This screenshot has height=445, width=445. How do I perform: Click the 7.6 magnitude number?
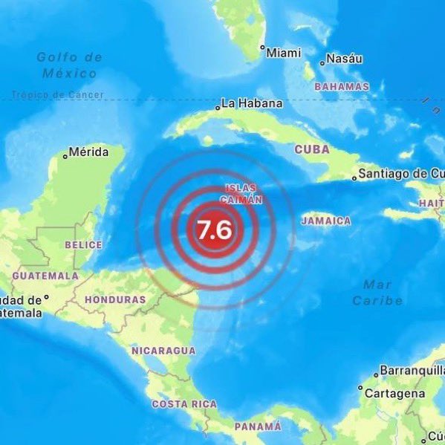click(x=214, y=230)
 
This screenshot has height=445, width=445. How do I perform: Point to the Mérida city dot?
click(x=65, y=155)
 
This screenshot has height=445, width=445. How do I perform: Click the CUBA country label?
click(x=312, y=149)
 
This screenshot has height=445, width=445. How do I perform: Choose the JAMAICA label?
click(x=326, y=221)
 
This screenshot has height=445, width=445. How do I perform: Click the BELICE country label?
click(x=83, y=244)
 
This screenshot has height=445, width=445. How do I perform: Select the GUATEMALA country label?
click(x=45, y=275)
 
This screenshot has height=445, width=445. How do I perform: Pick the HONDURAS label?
click(x=115, y=299)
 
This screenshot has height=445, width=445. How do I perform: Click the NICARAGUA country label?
click(x=163, y=350)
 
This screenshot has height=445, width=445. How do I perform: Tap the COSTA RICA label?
click(x=184, y=404)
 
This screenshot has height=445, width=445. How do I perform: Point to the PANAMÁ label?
click(x=258, y=426)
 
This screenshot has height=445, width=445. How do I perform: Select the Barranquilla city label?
click(x=412, y=370)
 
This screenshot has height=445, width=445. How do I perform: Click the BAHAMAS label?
click(x=342, y=87)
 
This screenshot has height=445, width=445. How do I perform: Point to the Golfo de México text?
click(x=69, y=65)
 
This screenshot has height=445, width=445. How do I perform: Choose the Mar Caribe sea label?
click(x=377, y=292)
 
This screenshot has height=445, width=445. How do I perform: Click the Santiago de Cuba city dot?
click(x=352, y=177)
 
